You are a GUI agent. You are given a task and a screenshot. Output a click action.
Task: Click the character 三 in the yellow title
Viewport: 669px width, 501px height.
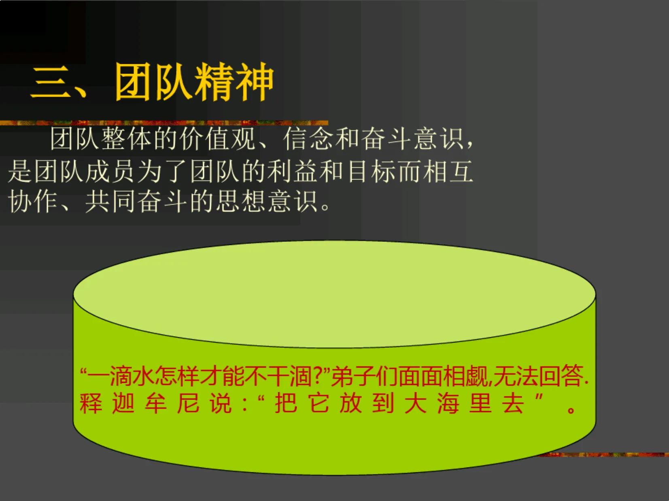51,83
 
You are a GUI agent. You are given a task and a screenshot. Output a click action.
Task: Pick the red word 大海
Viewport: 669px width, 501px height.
431,403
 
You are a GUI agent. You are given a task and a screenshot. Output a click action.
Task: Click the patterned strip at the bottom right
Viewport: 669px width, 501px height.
603,455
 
